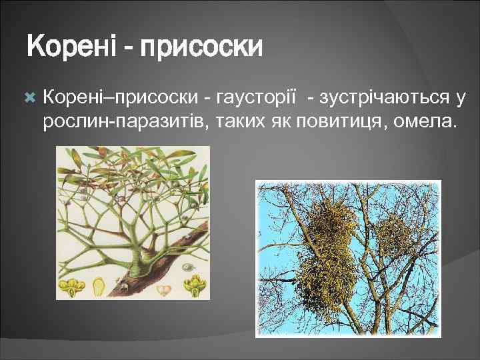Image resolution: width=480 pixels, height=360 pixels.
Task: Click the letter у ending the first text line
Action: [x=460, y=99]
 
